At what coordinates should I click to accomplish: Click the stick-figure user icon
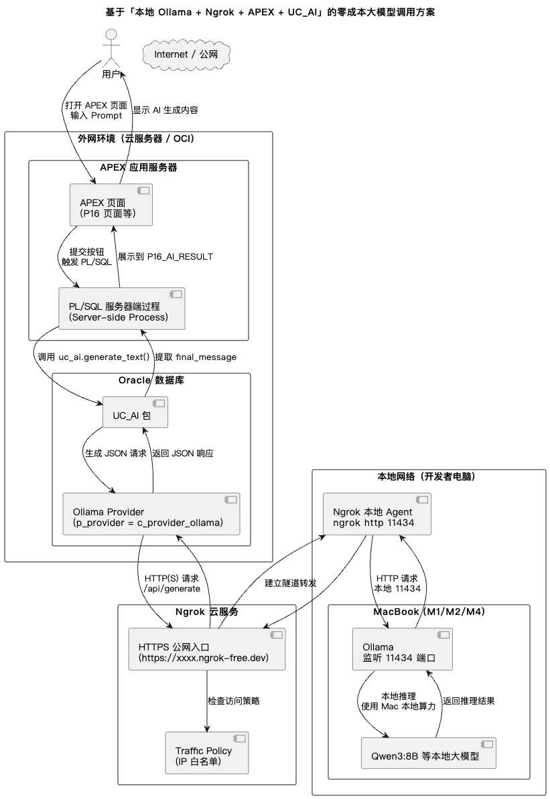pyautogui.click(x=111, y=49)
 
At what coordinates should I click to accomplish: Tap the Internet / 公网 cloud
pyautogui.click(x=186, y=54)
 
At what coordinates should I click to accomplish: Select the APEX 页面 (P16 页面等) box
pyautogui.click(x=111, y=205)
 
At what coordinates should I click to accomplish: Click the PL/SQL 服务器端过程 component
pyautogui.click(x=122, y=308)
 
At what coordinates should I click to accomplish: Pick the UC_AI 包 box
pyautogui.click(x=135, y=412)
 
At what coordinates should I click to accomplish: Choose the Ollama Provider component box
pyautogui.click(x=151, y=514)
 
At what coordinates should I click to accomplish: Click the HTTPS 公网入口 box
pyautogui.click(x=206, y=649)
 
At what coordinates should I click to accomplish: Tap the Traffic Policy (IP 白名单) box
pyautogui.click(x=206, y=753)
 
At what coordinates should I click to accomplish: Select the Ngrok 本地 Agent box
pyautogui.click(x=377, y=514)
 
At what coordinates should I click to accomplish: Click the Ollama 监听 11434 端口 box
pyautogui.click(x=403, y=649)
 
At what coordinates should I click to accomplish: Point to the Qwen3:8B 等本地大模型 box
pyautogui.click(x=429, y=753)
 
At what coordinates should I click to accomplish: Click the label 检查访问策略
pyautogui.click(x=234, y=701)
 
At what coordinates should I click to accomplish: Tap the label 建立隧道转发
pyautogui.click(x=291, y=584)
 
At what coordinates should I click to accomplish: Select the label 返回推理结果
pyautogui.click(x=469, y=701)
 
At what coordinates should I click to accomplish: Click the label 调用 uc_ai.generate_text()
pyautogui.click(x=94, y=357)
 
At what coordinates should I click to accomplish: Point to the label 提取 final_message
pyautogui.click(x=196, y=357)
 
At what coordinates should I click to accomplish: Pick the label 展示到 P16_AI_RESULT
pyautogui.click(x=165, y=257)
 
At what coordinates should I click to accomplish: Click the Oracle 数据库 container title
pyautogui.click(x=151, y=380)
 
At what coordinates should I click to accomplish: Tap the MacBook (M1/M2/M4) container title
pyautogui.click(x=429, y=612)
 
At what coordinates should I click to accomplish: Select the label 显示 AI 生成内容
pyautogui.click(x=165, y=110)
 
